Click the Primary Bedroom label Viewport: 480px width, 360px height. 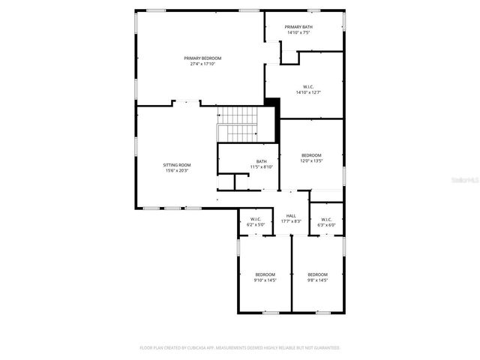coord(202,58)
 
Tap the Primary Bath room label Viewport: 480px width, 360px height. coord(298,27)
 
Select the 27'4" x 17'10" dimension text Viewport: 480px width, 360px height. coord(202,64)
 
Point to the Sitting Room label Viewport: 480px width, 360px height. coord(177,164)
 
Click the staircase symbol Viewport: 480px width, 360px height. coord(238,124)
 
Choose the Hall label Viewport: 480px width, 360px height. coord(291,215)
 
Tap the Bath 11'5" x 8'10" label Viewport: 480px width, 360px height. coord(261,161)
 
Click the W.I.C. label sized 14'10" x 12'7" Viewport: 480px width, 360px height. coord(307,87)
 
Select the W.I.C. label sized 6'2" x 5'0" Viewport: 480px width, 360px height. coord(255,219)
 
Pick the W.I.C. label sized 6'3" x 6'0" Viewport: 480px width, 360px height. coord(326,219)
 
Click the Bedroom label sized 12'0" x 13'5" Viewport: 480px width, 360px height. coord(311,155)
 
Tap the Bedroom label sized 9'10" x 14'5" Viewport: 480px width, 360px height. coord(265,274)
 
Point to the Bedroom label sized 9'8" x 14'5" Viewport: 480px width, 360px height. coord(317,274)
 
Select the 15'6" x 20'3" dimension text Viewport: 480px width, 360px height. coord(177,170)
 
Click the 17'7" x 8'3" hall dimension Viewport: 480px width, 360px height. coord(291,221)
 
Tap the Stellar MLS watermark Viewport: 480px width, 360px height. coord(464,180)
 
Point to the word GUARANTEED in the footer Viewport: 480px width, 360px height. coord(325,348)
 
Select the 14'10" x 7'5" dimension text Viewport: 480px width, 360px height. coord(298,33)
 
